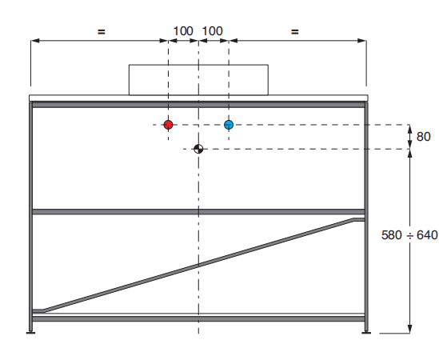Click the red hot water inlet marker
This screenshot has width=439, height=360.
(168, 125)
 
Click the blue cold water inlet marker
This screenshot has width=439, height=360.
(229, 125)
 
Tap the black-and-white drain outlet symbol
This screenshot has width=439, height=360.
(198, 149)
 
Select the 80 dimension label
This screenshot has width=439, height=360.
(423, 137)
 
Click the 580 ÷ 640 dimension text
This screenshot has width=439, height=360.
(409, 234)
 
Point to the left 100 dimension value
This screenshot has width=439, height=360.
(183, 31)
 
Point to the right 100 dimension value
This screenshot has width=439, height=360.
(213, 31)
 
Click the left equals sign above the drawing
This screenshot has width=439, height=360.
(102, 31)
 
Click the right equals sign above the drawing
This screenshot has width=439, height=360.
(295, 31)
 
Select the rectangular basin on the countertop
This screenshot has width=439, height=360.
(198, 80)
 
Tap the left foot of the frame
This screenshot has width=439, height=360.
(31, 333)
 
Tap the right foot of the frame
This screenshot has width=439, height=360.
(366, 333)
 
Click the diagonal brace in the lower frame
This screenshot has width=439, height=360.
(198, 265)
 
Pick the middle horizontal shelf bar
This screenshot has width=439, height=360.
(198, 212)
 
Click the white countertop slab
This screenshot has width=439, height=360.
(198, 98)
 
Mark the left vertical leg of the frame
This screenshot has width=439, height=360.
(31, 216)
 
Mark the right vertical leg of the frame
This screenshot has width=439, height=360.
(366, 216)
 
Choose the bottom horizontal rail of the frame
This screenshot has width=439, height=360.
(198, 318)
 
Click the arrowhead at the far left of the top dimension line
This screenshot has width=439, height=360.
(35, 41)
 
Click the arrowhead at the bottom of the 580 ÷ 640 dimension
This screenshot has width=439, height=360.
(410, 329)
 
